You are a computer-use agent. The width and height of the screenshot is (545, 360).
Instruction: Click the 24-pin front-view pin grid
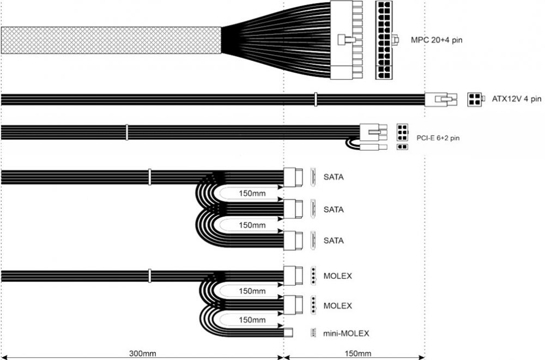pos(384,40)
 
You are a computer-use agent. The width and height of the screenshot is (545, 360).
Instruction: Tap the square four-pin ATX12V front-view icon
pos(474,99)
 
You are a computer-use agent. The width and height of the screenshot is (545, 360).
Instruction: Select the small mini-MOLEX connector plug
pos(289,332)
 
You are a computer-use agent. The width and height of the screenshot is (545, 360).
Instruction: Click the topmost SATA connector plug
pos(293,177)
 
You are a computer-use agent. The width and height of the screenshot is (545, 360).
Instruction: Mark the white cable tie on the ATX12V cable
pos(315,99)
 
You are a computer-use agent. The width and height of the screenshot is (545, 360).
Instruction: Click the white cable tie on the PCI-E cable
pos(127,131)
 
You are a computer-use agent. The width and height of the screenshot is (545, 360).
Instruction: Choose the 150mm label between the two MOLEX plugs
pos(252,291)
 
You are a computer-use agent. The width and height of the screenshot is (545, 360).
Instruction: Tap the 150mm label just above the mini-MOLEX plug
pos(252,320)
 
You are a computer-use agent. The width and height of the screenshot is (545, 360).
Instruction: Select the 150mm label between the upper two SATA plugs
pos(252,193)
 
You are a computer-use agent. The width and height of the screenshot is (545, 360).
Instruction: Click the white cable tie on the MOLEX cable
pos(150,275)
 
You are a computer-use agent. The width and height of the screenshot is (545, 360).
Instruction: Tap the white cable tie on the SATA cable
pos(150,176)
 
